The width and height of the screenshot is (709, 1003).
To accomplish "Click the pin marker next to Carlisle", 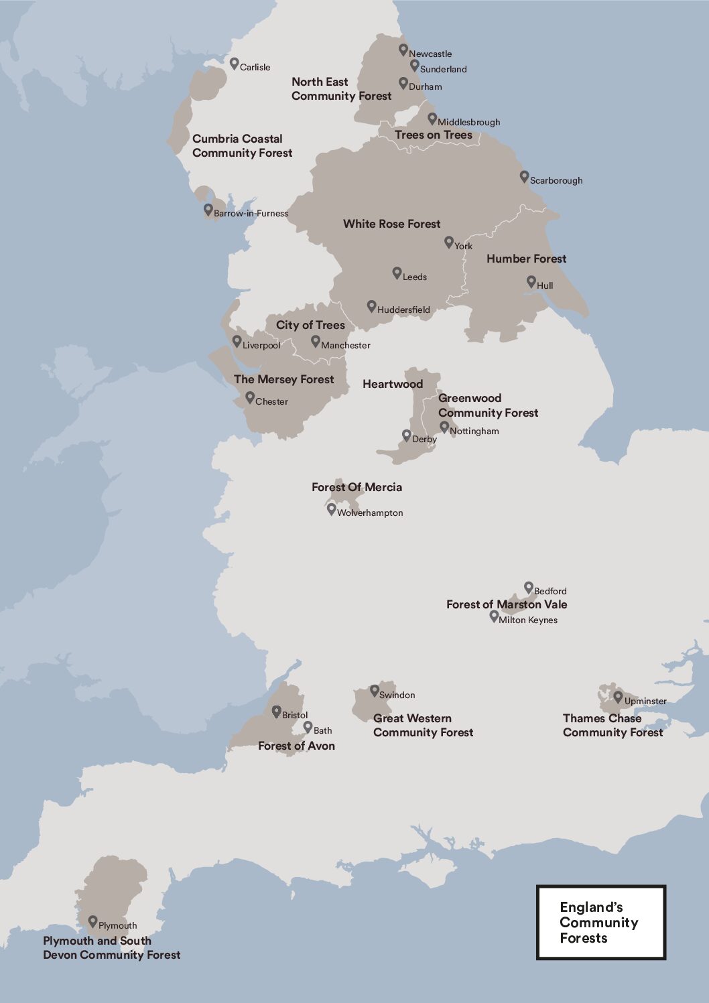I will tap(234, 64).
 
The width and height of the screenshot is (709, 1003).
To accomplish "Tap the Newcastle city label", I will tap(430, 54).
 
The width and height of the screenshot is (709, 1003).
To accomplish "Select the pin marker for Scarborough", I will tap(524, 176).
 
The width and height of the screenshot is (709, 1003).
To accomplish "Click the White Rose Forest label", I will tap(392, 224).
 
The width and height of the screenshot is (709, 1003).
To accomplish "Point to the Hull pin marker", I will tap(531, 282).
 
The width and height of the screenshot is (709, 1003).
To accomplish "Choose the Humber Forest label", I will tap(526, 259).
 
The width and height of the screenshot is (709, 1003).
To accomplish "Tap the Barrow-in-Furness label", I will tap(251, 213).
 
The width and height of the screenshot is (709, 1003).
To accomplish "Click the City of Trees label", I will tap(310, 325).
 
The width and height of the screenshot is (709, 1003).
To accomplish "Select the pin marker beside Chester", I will tap(249, 398).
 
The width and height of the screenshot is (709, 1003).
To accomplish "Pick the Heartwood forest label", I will tap(393, 384).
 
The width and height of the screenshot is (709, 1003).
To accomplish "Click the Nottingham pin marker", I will tap(444, 427).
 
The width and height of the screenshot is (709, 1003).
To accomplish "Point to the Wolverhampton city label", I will tap(370, 513).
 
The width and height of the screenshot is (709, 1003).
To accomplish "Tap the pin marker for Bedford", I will tap(528, 587).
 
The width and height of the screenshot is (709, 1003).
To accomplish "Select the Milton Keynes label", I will tap(528, 620).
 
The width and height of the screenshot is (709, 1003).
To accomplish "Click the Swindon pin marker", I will tap(374, 691).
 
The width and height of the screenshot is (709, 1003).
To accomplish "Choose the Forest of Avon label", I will tap(296, 746).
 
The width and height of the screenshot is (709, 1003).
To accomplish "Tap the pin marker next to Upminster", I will tap(618, 697).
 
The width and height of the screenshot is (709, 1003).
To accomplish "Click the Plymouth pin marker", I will tap(92, 922).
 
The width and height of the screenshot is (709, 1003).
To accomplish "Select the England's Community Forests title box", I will tap(600, 922).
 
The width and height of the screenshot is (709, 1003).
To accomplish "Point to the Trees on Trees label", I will tap(434, 135).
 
